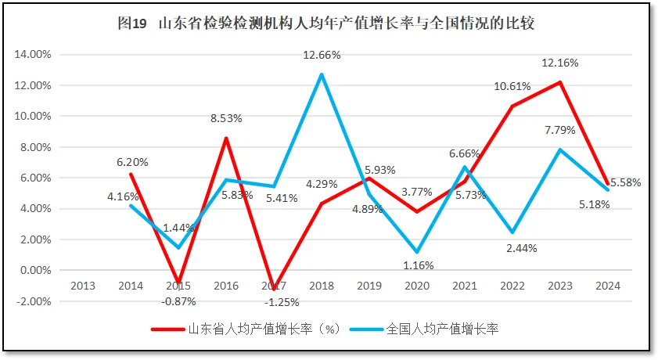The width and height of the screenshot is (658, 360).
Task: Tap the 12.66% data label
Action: [322, 55]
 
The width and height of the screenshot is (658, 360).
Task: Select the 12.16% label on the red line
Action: [558, 62]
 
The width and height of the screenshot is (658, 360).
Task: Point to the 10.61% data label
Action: [512, 86]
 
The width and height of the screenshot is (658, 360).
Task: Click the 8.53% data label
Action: [226, 118]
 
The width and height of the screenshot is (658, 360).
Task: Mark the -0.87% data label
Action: [178, 301]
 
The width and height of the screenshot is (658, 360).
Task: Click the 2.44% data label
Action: [512, 247]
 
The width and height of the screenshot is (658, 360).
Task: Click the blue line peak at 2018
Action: [321, 74]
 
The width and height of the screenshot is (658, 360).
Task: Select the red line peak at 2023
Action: [559, 82]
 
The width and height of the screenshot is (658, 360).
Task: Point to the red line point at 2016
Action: [226, 139]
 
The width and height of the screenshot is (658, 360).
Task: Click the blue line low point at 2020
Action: [417, 252]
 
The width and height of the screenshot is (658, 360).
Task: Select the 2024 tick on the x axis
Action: [607, 286]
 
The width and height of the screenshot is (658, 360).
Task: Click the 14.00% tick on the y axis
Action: [34, 55]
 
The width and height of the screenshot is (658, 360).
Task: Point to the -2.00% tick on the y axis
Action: [34, 301]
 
